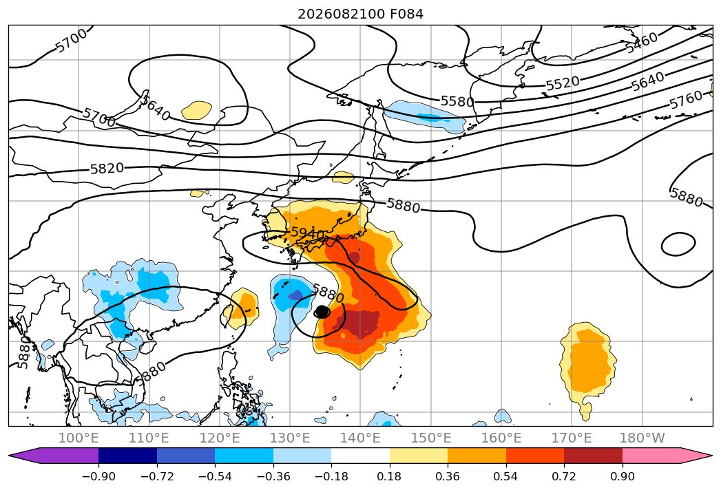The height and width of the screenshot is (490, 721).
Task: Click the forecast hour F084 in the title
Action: tap(406, 14)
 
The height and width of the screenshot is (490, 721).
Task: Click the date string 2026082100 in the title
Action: tap(341, 14)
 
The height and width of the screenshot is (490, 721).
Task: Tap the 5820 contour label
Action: tap(107, 169)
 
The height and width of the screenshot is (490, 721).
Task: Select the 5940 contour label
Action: tap(308, 233)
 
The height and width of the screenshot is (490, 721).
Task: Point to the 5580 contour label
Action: tap(457, 101)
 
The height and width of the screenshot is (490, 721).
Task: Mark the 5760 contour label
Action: tap(686, 100)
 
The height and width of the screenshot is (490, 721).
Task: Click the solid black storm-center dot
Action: tap(322, 312)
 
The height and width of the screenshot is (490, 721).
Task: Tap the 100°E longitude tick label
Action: tap(79, 438)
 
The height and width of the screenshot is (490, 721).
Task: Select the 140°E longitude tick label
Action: tap(360, 438)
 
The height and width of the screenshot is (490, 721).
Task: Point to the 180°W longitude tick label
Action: tap(642, 438)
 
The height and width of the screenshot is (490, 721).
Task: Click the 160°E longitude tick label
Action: tap(501, 438)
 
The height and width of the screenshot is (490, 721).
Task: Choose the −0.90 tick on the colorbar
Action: tap(98, 476)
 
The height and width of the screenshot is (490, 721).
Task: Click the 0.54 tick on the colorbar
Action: tap(506, 476)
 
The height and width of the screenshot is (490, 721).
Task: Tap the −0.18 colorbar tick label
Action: tap(331, 476)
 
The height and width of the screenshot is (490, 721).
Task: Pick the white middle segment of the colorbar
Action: tap(361, 456)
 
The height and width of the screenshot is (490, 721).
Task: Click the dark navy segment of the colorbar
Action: tap(128, 456)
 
